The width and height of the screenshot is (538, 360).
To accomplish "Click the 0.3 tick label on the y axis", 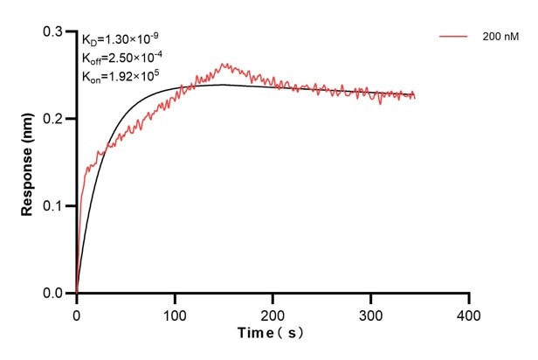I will [54, 31].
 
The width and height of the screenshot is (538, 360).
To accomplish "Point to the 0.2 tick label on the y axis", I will [54, 119].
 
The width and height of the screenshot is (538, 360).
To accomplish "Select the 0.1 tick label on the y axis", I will [54, 206].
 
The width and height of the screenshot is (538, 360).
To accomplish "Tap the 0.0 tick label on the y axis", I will [54, 294].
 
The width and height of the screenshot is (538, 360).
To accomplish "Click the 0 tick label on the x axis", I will [77, 313].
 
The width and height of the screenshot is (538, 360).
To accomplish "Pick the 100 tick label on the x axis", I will [175, 313].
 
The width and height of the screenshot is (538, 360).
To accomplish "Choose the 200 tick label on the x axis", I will [273, 313].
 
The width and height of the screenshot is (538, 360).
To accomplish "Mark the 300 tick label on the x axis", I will [371, 313].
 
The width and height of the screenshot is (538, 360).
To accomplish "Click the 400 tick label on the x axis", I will [470, 313].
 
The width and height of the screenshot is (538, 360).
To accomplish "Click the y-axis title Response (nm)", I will [28, 163].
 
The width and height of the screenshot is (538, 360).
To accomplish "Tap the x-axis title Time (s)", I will [272, 335].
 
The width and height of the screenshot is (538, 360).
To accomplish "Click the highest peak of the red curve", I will [224, 64].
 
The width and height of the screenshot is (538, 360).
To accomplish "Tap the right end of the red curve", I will [415, 96].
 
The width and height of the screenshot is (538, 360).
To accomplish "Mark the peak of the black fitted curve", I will [223, 85].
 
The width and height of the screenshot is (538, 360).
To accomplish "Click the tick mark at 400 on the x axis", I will [470, 298].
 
